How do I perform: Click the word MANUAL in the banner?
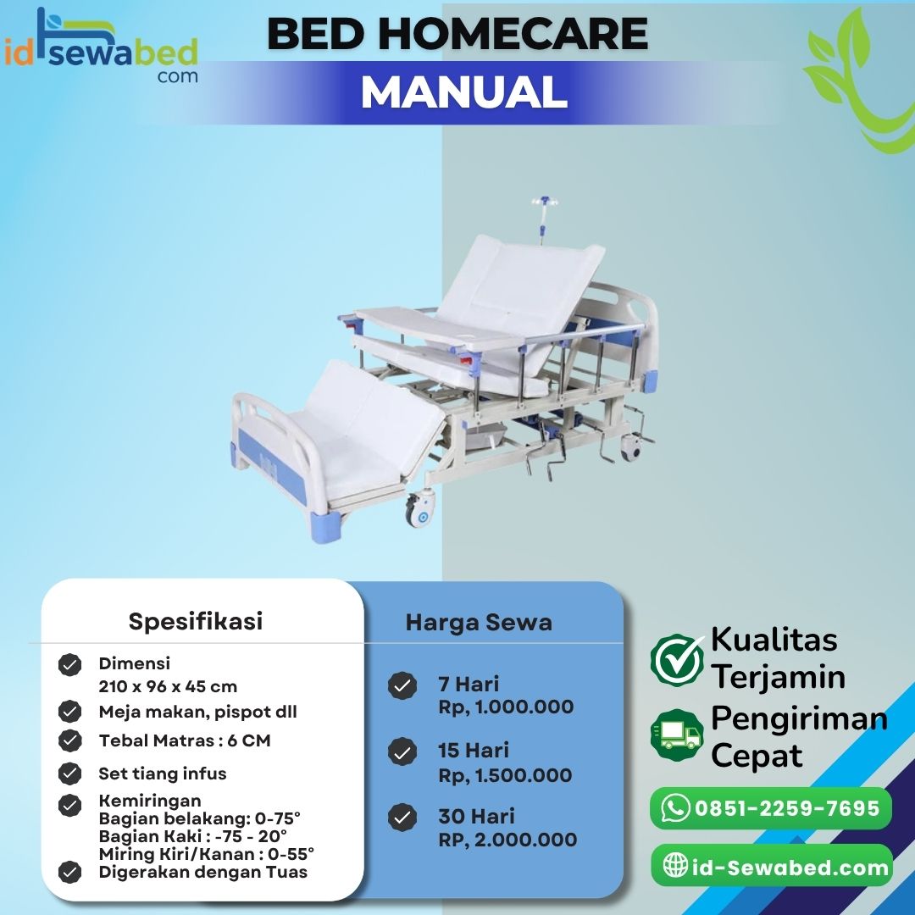[x=463, y=91]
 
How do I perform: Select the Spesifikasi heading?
[x=196, y=621]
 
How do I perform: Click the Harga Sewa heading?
[x=479, y=623]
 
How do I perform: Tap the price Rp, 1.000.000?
[x=506, y=707]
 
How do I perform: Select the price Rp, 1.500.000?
[x=505, y=775]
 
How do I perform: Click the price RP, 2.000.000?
[x=507, y=840]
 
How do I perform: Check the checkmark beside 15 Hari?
[x=402, y=751]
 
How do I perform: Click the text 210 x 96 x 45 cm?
[x=168, y=686]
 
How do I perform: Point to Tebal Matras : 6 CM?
[x=185, y=740]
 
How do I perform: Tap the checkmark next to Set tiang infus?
[x=69, y=773]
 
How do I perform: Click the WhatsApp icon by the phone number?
[x=675, y=808]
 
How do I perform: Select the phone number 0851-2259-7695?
[x=787, y=808]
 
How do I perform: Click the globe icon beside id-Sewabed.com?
[x=675, y=866]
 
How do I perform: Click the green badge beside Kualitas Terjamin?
[x=677, y=659]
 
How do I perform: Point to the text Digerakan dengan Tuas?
[x=202, y=872]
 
